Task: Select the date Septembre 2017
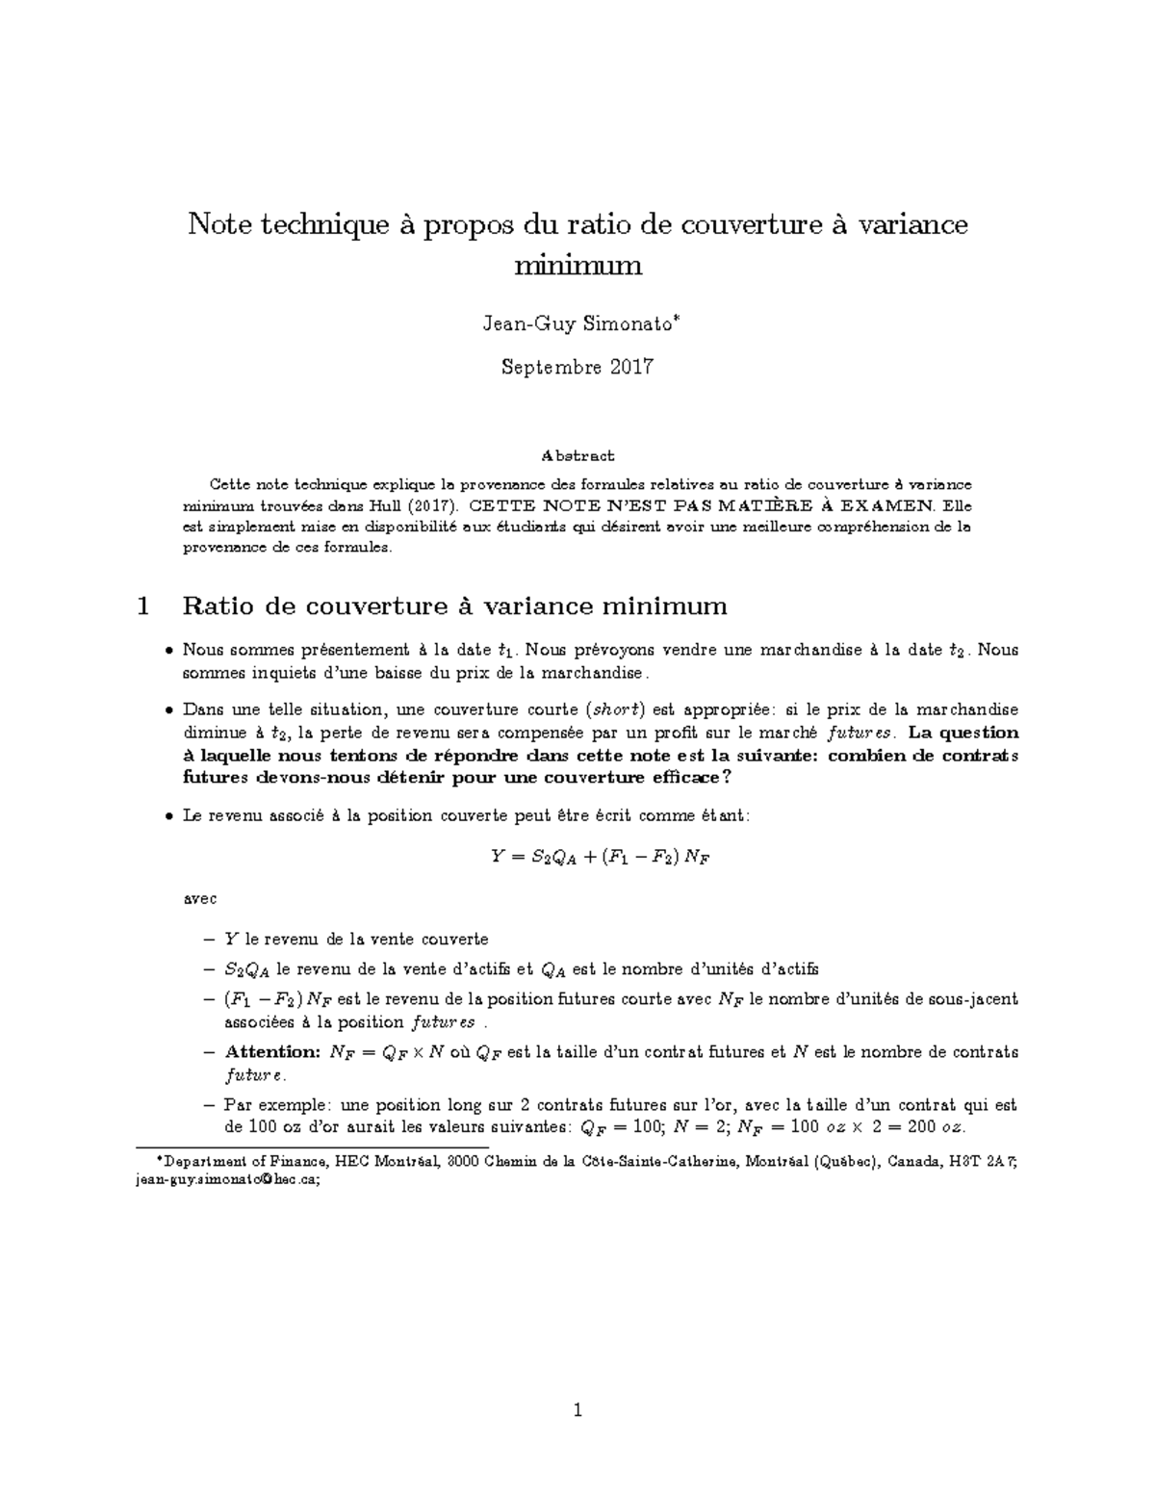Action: pos(577,367)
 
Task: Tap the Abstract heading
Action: pos(577,455)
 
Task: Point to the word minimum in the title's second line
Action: pos(577,264)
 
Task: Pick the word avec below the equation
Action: pos(199,899)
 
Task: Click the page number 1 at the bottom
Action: pos(577,1411)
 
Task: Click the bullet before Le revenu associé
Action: pos(169,816)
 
